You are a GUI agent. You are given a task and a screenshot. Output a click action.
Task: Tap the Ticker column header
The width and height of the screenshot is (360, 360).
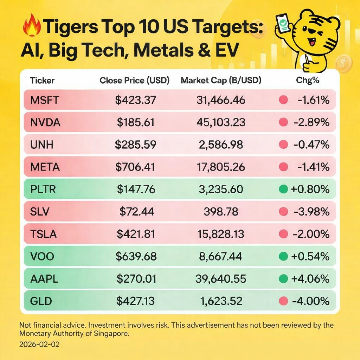pos(42,80)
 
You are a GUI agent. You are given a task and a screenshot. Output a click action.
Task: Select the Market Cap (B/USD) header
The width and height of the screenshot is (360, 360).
pos(221,80)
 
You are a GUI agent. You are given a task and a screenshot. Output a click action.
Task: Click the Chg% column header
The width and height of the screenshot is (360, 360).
pos(308,80)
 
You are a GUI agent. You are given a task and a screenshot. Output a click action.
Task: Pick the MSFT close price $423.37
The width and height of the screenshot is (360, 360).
pos(136,100)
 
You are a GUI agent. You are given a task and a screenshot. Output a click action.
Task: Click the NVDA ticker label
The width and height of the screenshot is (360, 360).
pos(45,122)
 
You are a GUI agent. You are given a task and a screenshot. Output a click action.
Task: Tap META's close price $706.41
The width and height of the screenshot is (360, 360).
pos(136,167)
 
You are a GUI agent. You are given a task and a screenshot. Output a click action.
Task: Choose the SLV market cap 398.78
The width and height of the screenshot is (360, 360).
pos(221,211)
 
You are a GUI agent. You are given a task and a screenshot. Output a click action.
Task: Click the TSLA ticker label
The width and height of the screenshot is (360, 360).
pos(44,234)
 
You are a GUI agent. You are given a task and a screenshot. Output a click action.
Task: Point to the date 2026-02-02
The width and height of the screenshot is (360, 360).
pos(39,344)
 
